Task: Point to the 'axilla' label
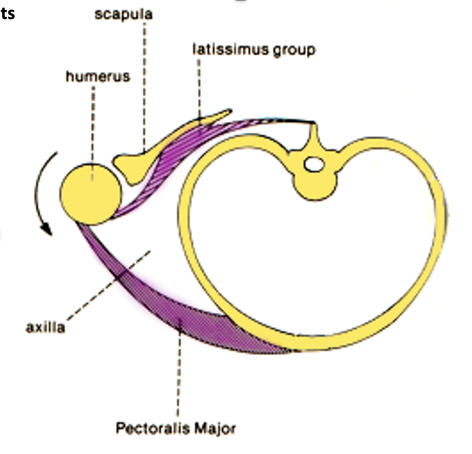click(x=45, y=327)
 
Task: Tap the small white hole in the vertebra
click(x=314, y=164)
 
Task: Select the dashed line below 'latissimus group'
click(x=201, y=89)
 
